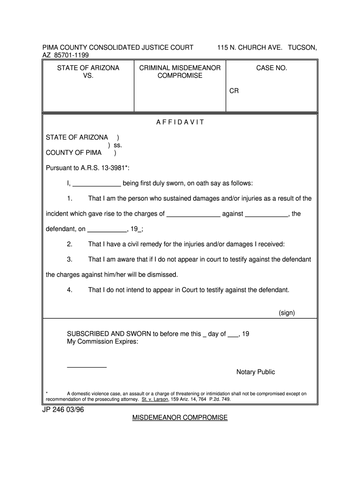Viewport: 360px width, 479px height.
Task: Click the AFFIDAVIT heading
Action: [x=180, y=123]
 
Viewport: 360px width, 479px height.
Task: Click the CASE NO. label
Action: [x=271, y=68]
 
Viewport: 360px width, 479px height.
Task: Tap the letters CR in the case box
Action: [x=234, y=91]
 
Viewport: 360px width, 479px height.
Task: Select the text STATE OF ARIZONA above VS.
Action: [x=88, y=68]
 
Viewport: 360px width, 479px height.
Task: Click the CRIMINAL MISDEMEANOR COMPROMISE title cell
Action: [x=180, y=72]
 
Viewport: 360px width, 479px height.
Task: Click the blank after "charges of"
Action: [x=193, y=214]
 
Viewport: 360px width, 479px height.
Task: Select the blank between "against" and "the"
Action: [x=266, y=214]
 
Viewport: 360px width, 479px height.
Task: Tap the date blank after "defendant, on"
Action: [x=107, y=230]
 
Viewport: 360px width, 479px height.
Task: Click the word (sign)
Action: [x=287, y=313]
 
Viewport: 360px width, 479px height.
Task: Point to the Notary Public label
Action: [x=255, y=372]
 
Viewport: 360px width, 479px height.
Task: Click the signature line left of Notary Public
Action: [x=87, y=367]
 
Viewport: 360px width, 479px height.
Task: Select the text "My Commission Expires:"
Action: [x=102, y=341]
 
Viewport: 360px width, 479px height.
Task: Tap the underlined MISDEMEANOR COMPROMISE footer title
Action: [x=180, y=418]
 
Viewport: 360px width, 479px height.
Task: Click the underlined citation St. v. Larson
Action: [x=155, y=400]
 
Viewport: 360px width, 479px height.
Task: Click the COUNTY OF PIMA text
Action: [x=73, y=152]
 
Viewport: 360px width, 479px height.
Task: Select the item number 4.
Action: [x=69, y=290]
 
